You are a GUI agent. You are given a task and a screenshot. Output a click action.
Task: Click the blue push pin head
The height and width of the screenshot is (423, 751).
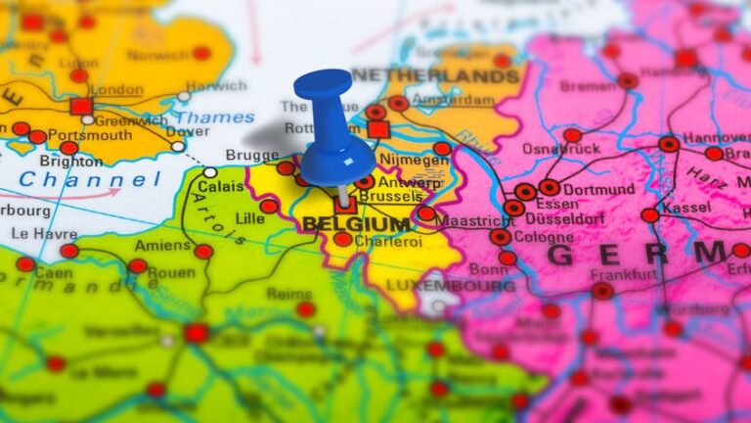(x=322, y=85)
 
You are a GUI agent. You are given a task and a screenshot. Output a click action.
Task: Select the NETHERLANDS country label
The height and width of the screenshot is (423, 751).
(x=435, y=75)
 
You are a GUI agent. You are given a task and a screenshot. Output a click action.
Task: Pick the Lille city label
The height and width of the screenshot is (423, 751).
(x=249, y=218)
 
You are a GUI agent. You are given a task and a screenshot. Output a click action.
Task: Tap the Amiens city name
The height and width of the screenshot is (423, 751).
(x=162, y=246)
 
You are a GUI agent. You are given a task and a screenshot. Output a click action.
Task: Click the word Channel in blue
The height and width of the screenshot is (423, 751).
(x=90, y=180)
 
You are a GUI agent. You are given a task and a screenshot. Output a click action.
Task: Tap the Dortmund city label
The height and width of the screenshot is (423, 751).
(x=598, y=188)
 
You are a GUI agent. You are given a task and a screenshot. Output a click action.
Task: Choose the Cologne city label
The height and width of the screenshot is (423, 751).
(x=544, y=237)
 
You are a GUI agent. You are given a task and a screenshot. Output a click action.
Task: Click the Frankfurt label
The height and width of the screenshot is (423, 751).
(x=623, y=275)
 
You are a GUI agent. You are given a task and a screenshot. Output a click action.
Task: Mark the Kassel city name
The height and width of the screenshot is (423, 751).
(x=686, y=208)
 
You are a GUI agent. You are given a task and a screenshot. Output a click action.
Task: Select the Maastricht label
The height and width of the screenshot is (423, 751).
(x=475, y=221)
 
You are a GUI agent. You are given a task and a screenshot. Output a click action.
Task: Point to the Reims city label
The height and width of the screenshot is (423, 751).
(x=288, y=293)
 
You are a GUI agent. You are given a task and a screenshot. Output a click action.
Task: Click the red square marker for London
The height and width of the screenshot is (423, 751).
(x=81, y=106)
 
